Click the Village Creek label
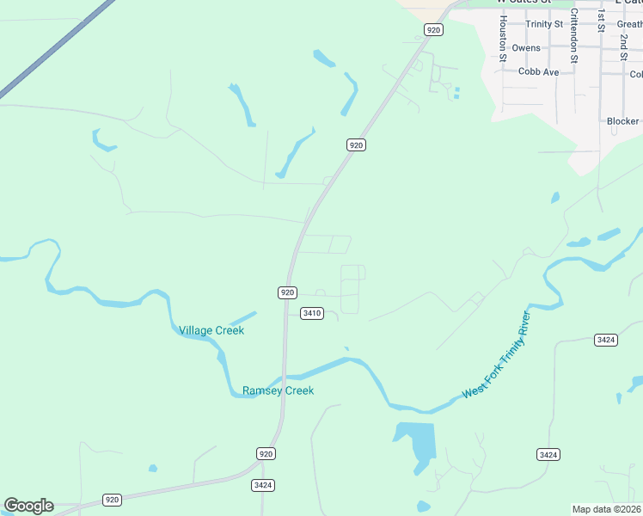click(x=211, y=330)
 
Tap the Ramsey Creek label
click(x=278, y=390)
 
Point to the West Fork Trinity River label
click(x=498, y=356)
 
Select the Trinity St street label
click(x=544, y=24)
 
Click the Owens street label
click(x=526, y=48)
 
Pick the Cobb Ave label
click(x=538, y=72)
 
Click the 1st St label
click(x=602, y=21)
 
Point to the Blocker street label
click(x=622, y=121)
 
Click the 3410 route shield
click(x=311, y=313)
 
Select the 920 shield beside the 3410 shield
click(x=288, y=292)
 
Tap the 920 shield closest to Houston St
click(x=433, y=30)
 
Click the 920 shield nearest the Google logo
click(x=112, y=499)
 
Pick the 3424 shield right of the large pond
click(x=548, y=454)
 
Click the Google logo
click(x=28, y=506)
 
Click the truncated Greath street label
click(x=629, y=24)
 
